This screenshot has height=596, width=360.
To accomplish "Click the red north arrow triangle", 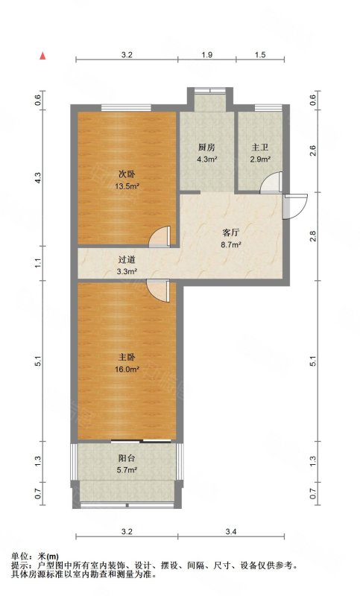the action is (43, 55).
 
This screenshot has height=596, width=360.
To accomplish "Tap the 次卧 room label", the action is (127, 174).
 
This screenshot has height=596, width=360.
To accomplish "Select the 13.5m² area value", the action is (127, 186).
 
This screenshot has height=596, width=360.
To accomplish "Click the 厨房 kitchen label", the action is (206, 147).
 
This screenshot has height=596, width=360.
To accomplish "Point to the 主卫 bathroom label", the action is (260, 147).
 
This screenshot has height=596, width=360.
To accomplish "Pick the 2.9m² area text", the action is (260, 159).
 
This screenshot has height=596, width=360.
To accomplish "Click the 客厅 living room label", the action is (231, 232).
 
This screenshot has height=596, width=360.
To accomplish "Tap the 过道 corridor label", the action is (127, 260).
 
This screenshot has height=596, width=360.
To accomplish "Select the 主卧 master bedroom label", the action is (127, 358).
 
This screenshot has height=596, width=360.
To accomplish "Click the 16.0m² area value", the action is (127, 369).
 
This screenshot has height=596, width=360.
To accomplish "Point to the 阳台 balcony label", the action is (127, 458).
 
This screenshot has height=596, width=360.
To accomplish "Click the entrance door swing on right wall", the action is (295, 206).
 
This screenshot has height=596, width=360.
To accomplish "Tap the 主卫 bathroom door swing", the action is (271, 183).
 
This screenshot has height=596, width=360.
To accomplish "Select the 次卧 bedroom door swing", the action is (160, 236).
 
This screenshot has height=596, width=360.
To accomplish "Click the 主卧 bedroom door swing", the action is (158, 291).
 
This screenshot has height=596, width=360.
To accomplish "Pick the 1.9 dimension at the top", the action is (206, 54).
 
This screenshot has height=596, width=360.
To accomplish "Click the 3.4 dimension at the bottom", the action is (231, 532).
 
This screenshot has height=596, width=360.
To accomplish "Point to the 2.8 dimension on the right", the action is (313, 236).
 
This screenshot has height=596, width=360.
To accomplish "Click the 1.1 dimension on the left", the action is (38, 263).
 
